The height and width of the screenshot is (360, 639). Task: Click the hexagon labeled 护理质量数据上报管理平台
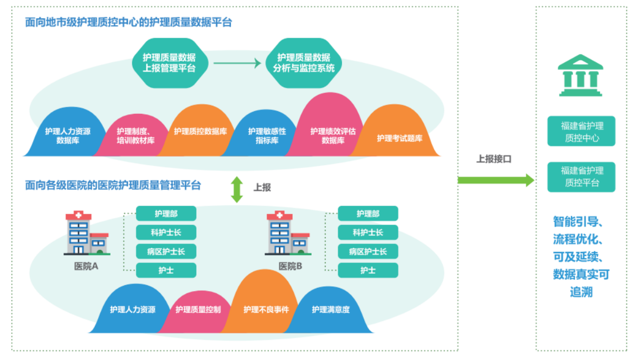click(170, 63)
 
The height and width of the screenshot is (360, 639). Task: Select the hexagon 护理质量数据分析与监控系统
click(304, 63)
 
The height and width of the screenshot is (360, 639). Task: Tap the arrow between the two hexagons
click(237, 63)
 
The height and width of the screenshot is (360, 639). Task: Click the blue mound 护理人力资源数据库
click(68, 132)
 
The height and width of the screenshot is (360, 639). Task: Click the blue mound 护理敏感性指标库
click(267, 134)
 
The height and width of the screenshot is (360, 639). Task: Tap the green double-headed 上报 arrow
click(237, 190)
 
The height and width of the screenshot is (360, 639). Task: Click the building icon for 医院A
click(87, 233)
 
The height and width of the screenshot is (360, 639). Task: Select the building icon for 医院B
click(288, 233)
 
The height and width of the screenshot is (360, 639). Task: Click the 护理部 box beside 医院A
click(166, 214)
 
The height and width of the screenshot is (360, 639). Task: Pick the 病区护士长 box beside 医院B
click(368, 252)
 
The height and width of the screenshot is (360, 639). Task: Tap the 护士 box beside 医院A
click(166, 271)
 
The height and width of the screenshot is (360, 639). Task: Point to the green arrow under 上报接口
click(496, 180)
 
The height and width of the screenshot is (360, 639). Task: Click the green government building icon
click(580, 75)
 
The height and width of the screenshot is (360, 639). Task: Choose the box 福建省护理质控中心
click(582, 131)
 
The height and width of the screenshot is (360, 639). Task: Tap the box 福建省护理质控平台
click(582, 177)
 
